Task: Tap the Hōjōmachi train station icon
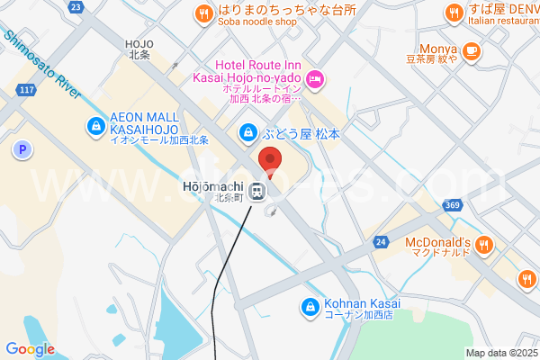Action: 258,190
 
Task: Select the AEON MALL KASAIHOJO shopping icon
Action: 95,127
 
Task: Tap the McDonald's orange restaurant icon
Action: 484,243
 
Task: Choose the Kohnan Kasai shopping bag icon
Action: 310,308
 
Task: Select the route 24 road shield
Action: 382,242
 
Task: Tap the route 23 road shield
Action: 76,6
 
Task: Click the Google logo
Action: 30,349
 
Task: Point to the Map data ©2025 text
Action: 501,353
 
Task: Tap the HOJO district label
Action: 139,49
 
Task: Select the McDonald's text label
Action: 437,243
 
